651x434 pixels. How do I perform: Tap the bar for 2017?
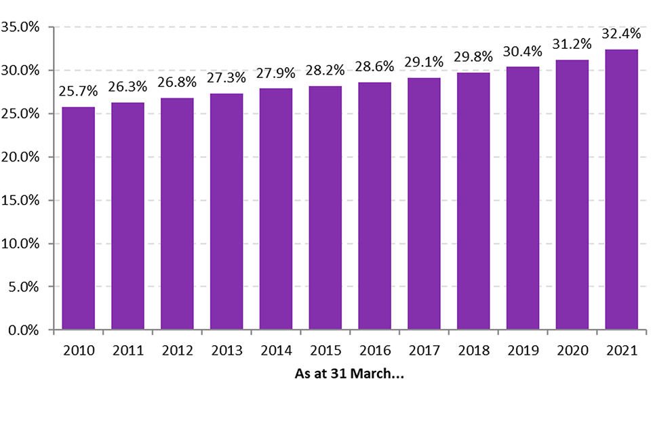tap(424, 203)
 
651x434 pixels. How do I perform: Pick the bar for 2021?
tap(621, 190)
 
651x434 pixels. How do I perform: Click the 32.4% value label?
tap(621, 33)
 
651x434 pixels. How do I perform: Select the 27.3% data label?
tap(226, 77)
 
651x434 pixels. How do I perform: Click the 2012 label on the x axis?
tap(177, 351)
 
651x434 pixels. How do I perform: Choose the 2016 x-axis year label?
tap(375, 351)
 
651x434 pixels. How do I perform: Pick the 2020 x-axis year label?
tap(572, 351)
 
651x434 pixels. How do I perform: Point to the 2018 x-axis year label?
tap(473, 351)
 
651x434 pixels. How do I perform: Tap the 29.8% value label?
tap(473, 56)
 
